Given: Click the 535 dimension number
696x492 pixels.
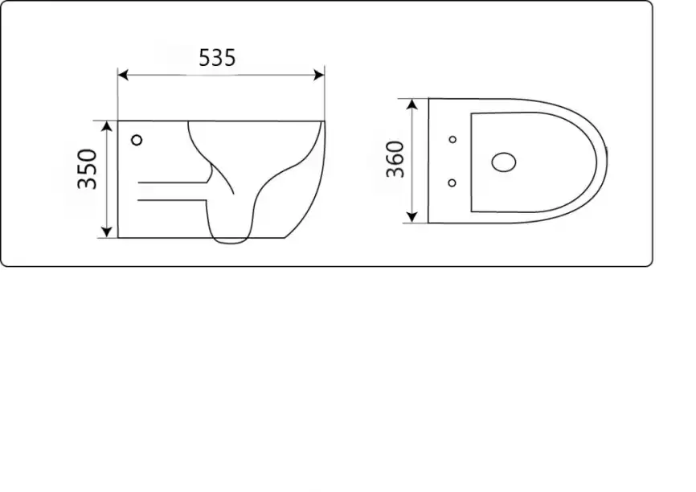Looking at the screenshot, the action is click(x=217, y=58).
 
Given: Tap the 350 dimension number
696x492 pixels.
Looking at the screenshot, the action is click(x=87, y=169).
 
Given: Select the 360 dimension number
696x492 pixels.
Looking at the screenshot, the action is click(x=395, y=159).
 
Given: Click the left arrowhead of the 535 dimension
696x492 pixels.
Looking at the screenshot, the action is click(x=123, y=75).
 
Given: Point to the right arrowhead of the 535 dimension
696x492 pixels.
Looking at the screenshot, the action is click(x=319, y=75).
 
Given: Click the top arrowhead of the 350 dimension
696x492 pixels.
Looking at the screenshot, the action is click(x=107, y=126).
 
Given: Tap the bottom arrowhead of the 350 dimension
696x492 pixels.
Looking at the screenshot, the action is click(x=107, y=232).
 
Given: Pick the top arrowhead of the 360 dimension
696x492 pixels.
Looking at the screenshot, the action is click(x=412, y=105).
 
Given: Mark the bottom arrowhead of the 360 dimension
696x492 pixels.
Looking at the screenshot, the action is click(x=412, y=217).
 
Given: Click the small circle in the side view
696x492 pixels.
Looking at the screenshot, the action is click(x=137, y=141).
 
